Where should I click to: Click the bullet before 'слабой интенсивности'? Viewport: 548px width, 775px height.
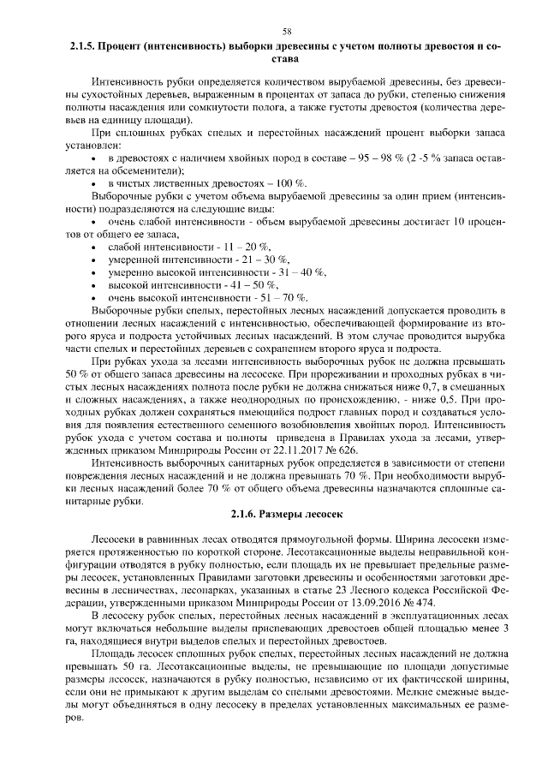tap(93, 247)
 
